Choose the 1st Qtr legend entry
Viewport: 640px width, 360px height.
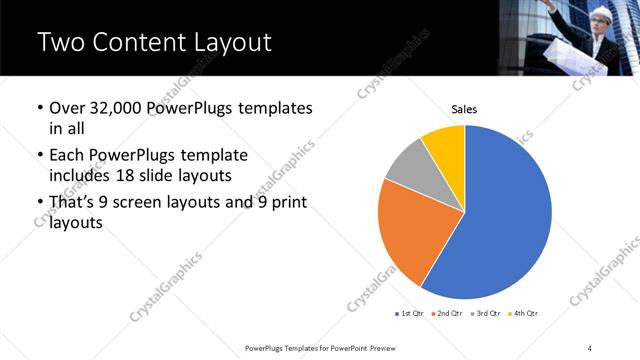[x=410, y=314]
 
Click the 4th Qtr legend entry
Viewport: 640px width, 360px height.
[x=523, y=314]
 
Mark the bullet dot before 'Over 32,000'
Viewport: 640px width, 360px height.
[x=39, y=108]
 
